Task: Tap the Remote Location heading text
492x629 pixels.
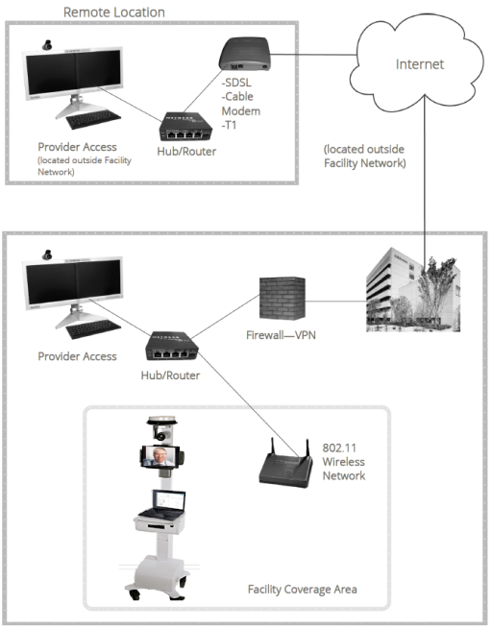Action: tap(113, 12)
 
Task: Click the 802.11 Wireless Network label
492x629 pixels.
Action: tap(342, 462)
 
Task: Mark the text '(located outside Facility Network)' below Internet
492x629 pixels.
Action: tap(366, 157)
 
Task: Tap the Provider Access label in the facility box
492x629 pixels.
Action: tap(77, 356)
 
